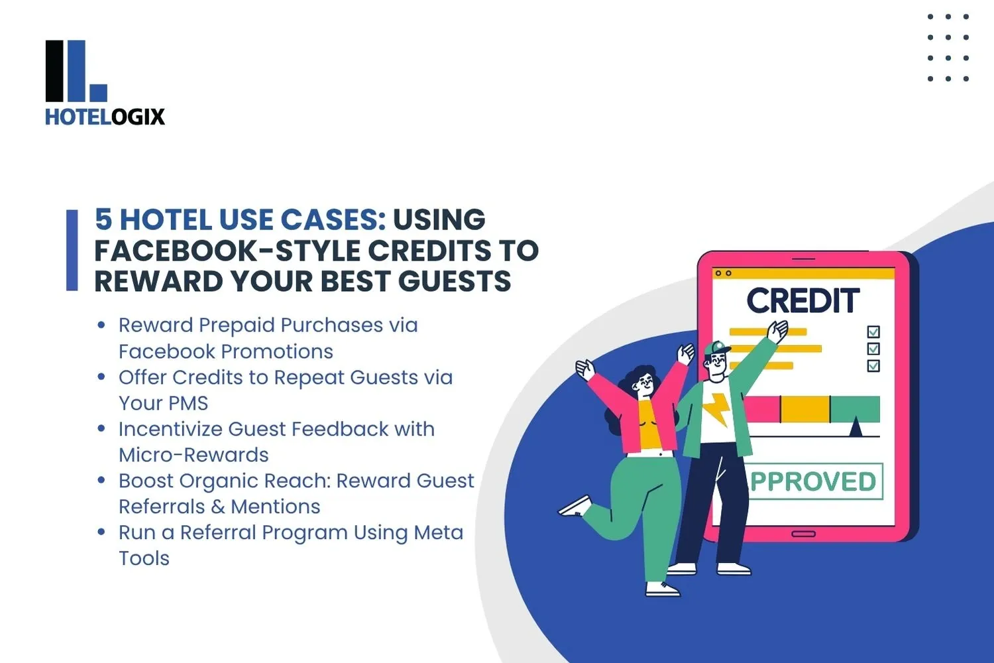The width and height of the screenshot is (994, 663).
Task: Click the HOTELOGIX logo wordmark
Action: click(105, 117)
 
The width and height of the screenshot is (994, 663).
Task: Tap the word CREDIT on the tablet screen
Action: click(803, 300)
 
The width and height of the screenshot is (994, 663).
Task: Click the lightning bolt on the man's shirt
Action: click(715, 409)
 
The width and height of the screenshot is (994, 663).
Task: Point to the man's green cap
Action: click(716, 347)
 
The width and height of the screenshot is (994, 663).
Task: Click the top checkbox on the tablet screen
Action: click(873, 331)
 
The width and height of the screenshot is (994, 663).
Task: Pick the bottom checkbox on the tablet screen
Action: click(873, 366)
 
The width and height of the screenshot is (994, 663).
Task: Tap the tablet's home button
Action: click(804, 534)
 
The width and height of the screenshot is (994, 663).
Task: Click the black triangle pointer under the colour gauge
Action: click(856, 427)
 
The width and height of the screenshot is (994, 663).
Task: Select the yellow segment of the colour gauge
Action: click(805, 409)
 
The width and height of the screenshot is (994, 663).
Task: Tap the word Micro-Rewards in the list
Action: click(194, 455)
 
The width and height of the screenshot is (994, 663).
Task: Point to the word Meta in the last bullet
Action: click(439, 532)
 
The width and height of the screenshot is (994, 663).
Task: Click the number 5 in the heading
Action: click(103, 219)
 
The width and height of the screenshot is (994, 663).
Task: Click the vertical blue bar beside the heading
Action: click(72, 251)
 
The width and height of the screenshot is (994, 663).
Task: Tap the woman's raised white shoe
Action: click(575, 507)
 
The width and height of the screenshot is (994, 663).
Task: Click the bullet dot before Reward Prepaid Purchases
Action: click(101, 325)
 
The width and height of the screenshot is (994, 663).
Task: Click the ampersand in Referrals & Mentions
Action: click(218, 507)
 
